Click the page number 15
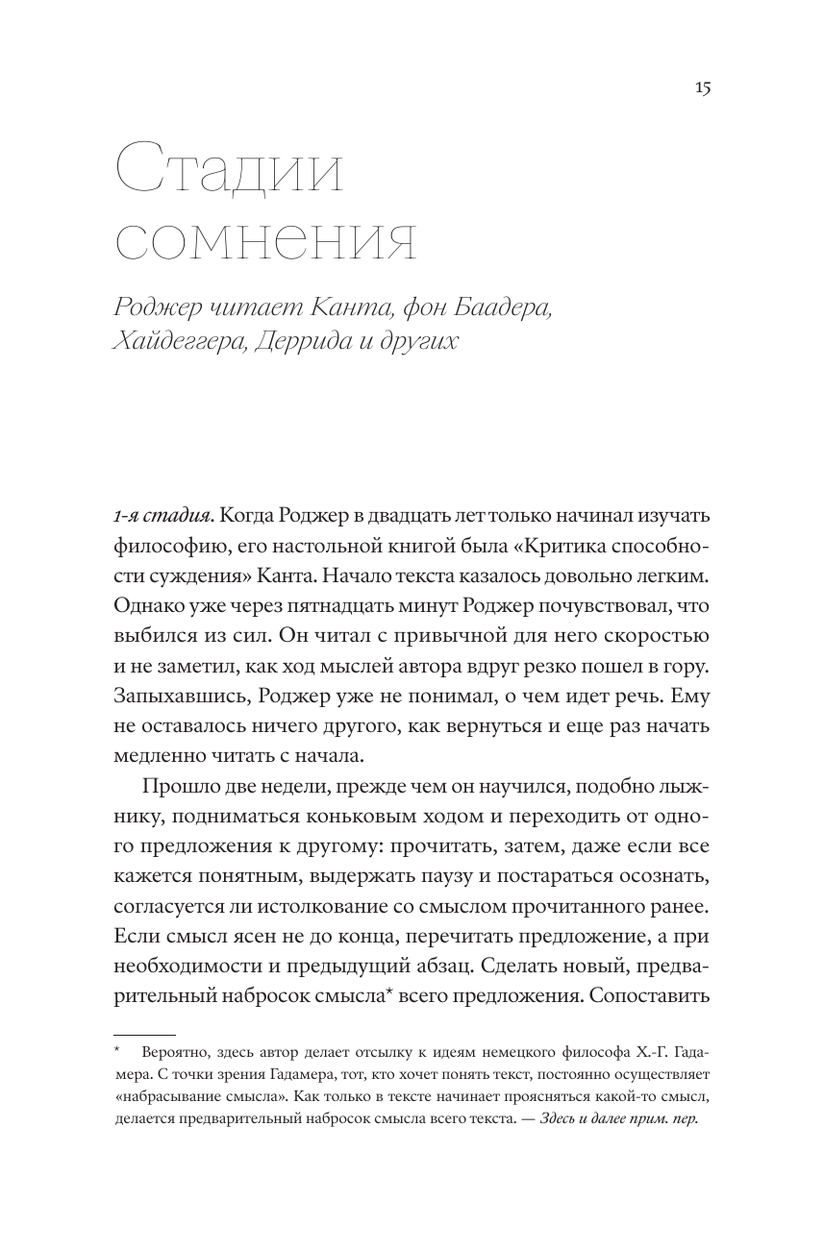pyautogui.click(x=701, y=88)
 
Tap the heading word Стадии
pyautogui.click(x=228, y=174)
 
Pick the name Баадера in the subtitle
pyautogui.click(x=506, y=307)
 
